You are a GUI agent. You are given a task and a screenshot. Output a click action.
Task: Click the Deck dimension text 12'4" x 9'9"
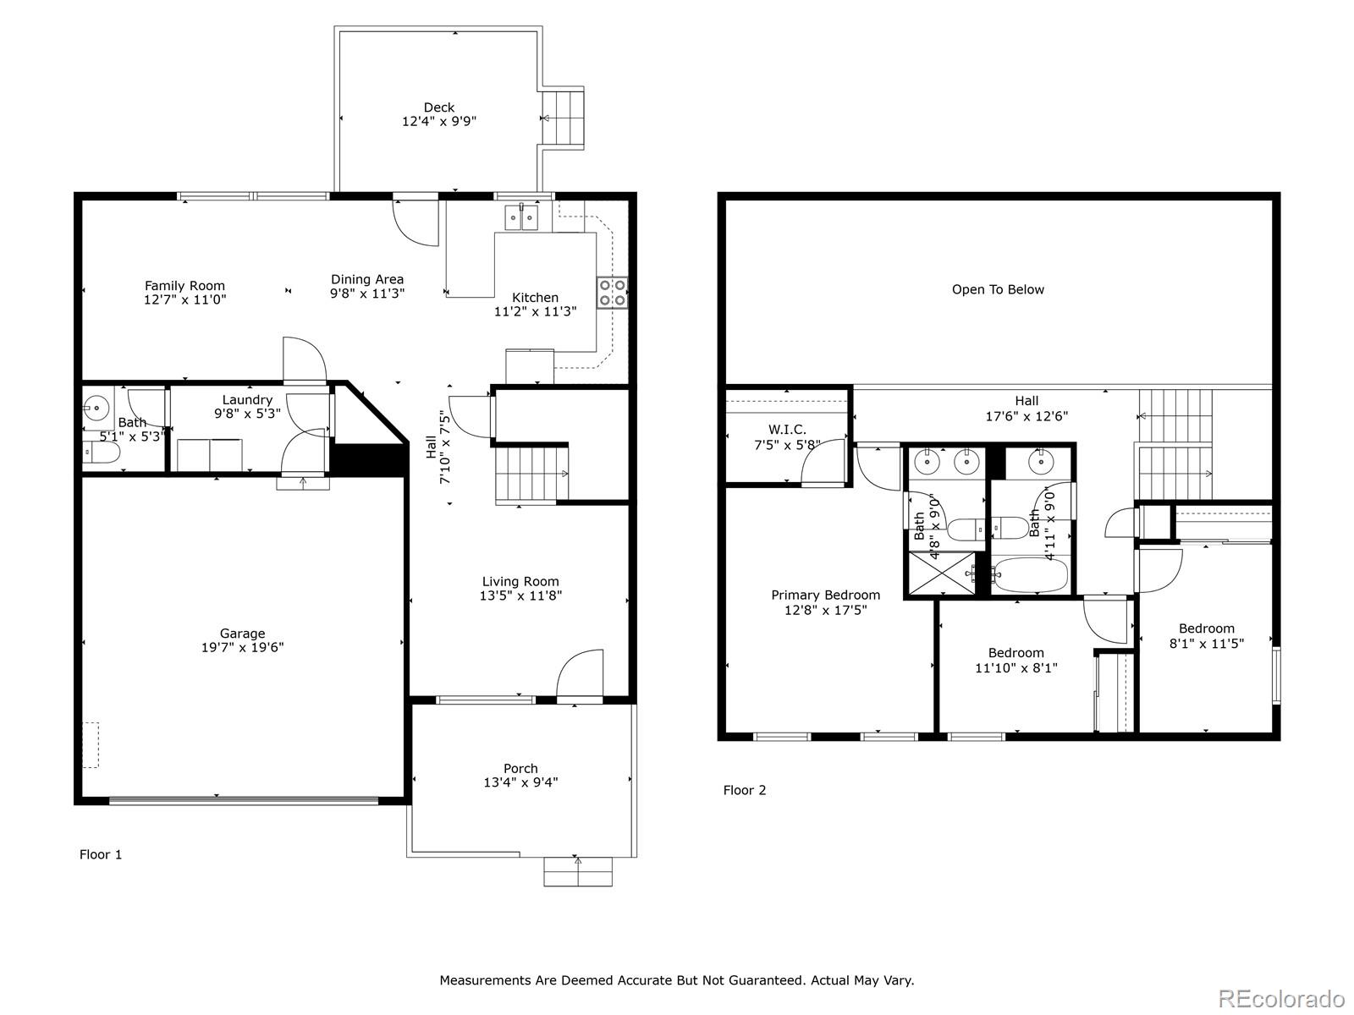coord(438,121)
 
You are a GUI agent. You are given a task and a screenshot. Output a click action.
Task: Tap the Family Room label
coord(184,286)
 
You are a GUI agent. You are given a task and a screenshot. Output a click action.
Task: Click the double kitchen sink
coord(521,218)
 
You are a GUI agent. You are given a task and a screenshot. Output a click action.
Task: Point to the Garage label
coord(242,634)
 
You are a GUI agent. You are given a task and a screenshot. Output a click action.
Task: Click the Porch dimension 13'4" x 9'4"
coord(520,782)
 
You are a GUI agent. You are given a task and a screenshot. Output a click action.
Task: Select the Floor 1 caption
coord(101,854)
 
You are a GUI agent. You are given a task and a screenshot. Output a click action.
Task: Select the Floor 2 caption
coord(744,790)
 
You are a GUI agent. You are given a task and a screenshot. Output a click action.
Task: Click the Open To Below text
coord(998,289)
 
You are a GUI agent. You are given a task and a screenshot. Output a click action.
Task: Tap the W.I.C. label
coord(787,430)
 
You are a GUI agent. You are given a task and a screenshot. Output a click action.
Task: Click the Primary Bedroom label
coord(825,595)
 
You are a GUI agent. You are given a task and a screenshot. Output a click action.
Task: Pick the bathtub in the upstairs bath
coord(1029,575)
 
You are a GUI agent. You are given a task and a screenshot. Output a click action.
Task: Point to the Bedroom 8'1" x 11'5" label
coord(1206,628)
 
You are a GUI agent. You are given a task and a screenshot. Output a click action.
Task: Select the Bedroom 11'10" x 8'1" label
coord(1015,653)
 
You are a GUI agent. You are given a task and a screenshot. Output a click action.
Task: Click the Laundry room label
coord(247,400)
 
